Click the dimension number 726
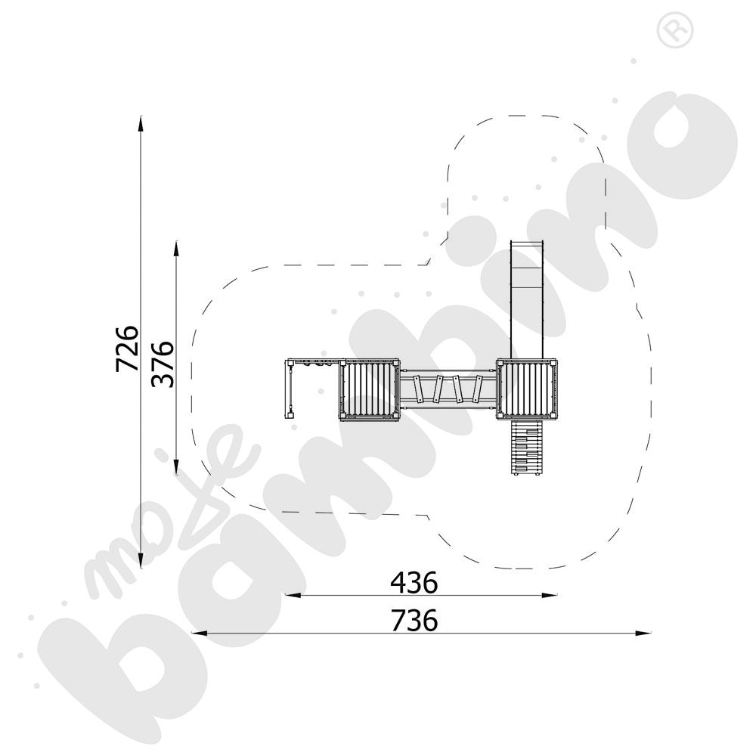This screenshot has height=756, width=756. [x=127, y=348]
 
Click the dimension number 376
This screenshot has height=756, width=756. [x=163, y=364]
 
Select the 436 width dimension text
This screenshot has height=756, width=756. [x=414, y=582]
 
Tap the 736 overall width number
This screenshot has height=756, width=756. [x=414, y=620]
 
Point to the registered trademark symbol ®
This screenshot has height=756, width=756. [x=675, y=29]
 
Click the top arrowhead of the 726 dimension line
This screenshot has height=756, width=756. [x=141, y=123]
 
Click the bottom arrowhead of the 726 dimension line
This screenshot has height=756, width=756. [x=141, y=561]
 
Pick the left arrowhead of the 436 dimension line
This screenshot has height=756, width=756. [x=293, y=596]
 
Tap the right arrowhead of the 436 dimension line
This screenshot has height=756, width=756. [x=549, y=596]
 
